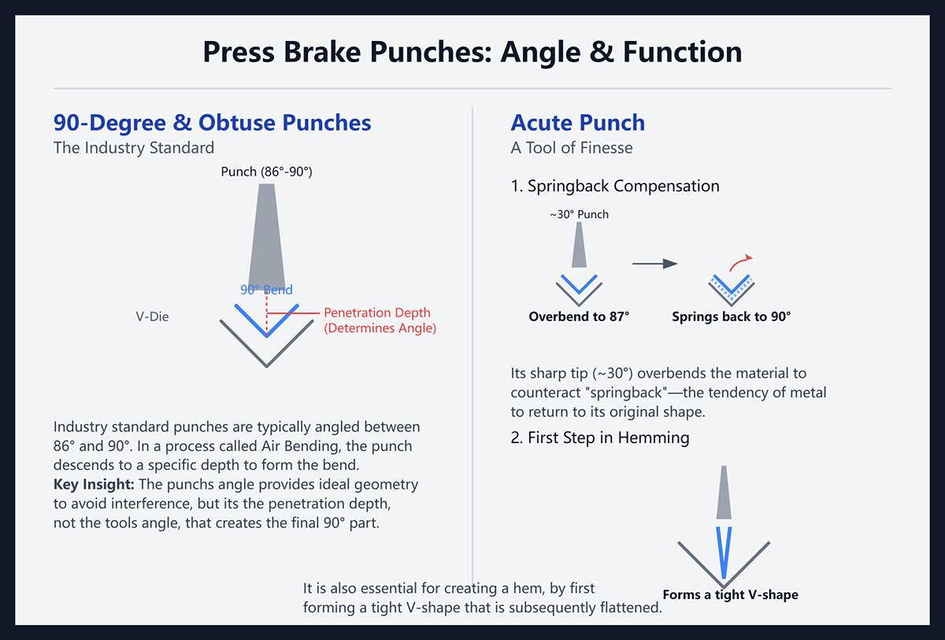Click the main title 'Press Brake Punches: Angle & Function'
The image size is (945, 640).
pos(472,53)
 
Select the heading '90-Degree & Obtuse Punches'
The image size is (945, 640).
pos(212,123)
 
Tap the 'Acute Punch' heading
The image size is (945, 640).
pos(577,123)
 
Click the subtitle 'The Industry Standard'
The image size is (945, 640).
pos(133,147)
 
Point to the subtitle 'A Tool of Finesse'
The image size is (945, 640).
pos(571,147)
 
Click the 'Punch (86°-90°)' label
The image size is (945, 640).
pos(266,172)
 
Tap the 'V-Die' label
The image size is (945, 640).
pos(152,316)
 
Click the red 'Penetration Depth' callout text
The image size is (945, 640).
pos(380,313)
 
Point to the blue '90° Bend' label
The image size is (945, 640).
pos(266,290)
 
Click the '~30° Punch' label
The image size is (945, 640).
pos(579,214)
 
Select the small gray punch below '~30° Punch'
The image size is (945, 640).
pos(579,245)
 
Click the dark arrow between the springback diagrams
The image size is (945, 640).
pos(654,264)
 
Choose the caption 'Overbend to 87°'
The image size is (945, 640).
pos(579,316)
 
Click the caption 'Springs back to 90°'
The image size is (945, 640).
pos(731,316)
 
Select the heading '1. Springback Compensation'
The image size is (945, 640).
pos(614,187)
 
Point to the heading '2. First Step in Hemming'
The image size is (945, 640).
pos(599,438)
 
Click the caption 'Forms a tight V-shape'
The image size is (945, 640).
pos(730,594)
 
